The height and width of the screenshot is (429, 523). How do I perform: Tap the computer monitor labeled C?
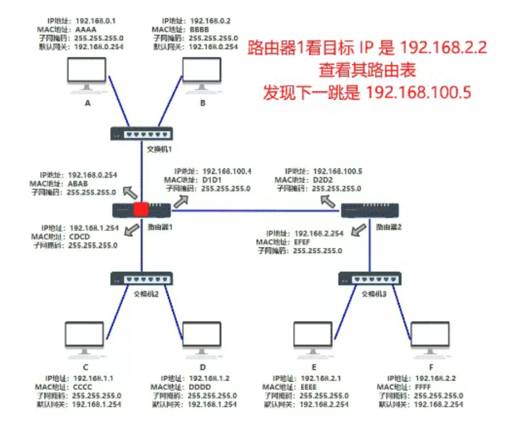(x=85, y=338)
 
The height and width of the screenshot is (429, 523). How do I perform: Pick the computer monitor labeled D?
(x=203, y=338)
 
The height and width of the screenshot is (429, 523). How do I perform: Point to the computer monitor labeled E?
(x=314, y=338)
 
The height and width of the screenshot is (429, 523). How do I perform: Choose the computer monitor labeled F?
(x=430, y=338)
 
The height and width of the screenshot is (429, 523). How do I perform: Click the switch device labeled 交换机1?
(x=141, y=134)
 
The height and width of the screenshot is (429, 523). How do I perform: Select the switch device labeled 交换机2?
(x=141, y=279)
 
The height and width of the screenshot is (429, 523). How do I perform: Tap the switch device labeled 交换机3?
(x=370, y=278)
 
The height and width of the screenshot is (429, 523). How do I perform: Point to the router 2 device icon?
(x=370, y=210)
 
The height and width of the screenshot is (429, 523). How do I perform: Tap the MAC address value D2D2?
(x=323, y=180)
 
